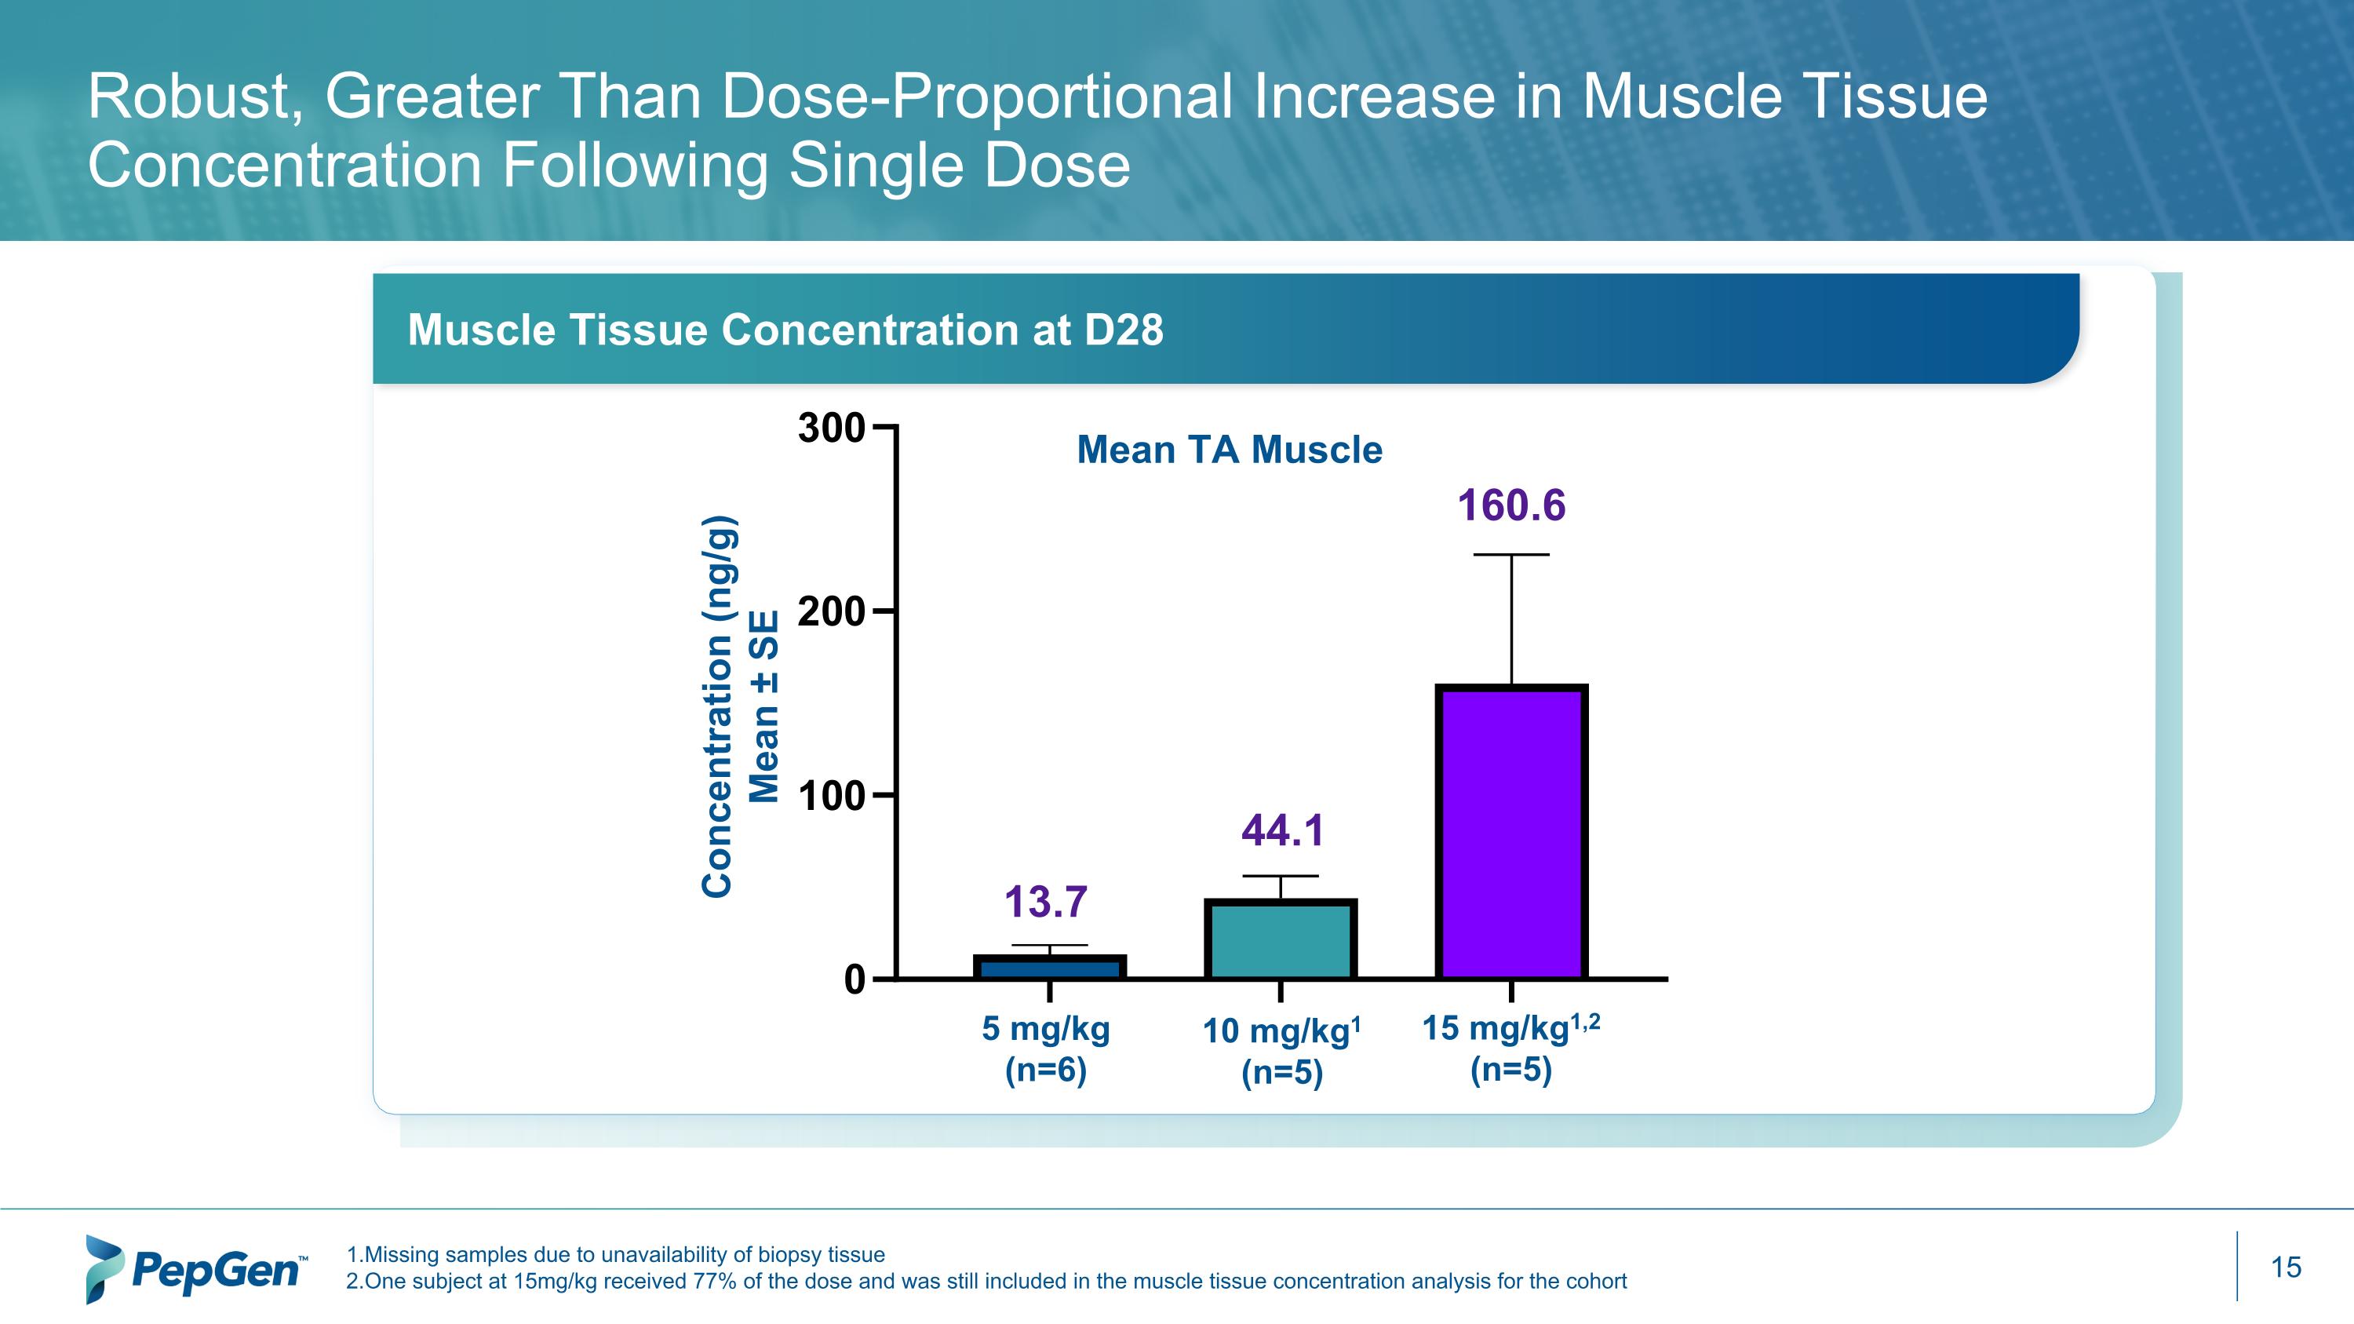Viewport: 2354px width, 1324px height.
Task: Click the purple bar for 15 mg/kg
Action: (x=1511, y=831)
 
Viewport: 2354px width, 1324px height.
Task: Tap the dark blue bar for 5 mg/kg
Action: (x=1049, y=968)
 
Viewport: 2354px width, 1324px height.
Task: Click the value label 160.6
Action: (x=1511, y=505)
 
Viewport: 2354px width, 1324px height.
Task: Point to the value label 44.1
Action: (x=1282, y=830)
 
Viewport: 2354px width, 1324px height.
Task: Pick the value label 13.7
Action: (x=1045, y=902)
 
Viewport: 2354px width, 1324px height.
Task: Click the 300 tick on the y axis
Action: (x=831, y=428)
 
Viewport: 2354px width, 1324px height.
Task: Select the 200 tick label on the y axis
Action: (x=831, y=611)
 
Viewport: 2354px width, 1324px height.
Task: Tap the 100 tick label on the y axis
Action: (x=831, y=796)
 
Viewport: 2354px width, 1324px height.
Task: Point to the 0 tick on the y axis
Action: (x=855, y=979)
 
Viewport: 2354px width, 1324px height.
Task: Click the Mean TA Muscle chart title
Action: (x=1229, y=450)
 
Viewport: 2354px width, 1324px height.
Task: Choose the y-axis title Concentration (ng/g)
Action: (x=717, y=706)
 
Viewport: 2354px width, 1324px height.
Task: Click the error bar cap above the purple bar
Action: (x=1511, y=555)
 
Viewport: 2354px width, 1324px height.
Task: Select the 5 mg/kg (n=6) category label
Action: (x=1045, y=1048)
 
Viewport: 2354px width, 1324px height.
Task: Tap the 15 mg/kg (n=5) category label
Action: (x=1511, y=1048)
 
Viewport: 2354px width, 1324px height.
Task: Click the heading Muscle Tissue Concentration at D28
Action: (x=785, y=330)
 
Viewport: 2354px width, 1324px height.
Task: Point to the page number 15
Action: (x=2286, y=1267)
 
